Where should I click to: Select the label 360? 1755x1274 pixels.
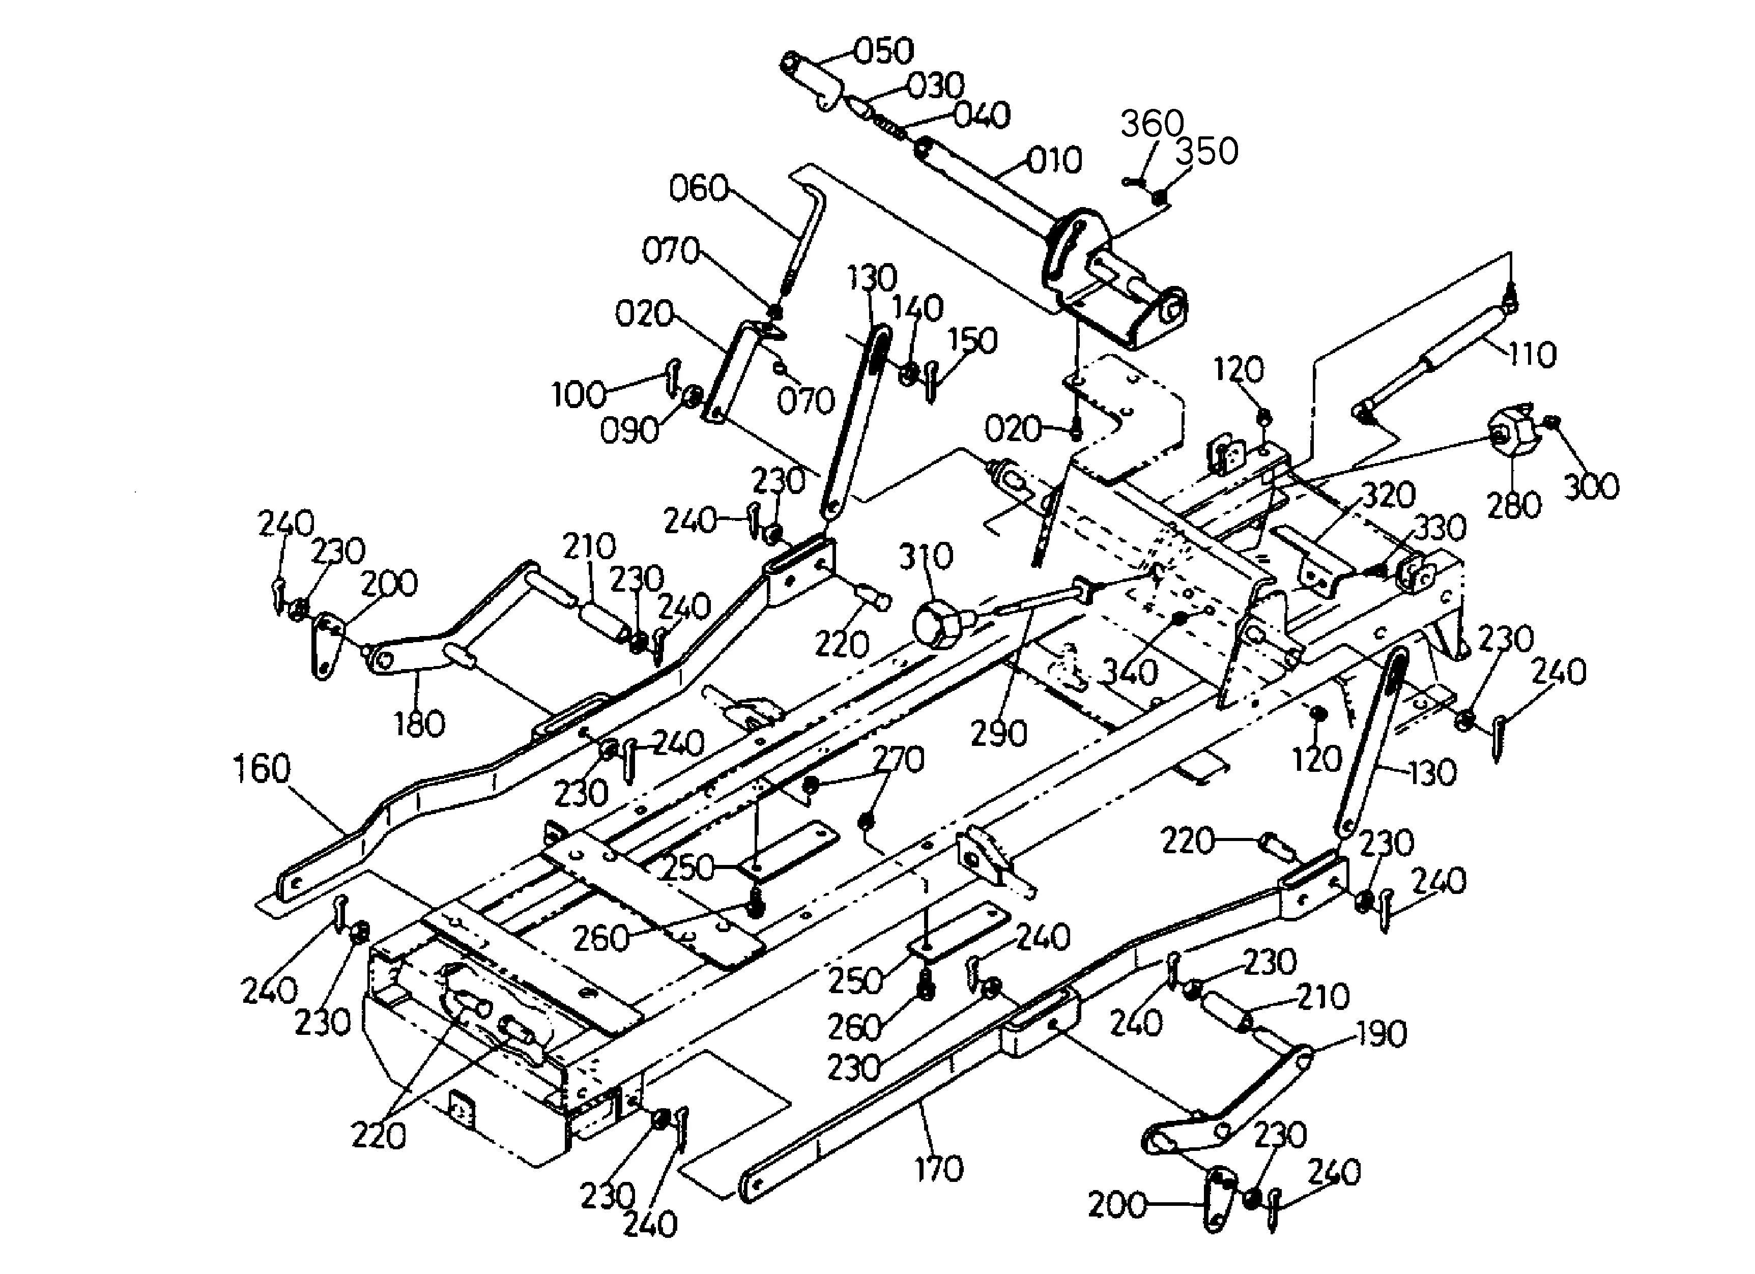tap(1152, 124)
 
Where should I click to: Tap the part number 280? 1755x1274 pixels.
tap(1514, 505)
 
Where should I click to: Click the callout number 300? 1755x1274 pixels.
tap(1592, 486)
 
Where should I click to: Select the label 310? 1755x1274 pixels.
tap(926, 556)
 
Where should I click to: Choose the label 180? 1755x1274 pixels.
tap(419, 724)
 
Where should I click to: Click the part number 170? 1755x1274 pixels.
tap(939, 1168)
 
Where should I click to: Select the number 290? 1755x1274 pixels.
tap(999, 733)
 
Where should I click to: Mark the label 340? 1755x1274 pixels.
tap(1130, 672)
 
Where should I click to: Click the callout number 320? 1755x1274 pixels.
tap(1388, 495)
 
